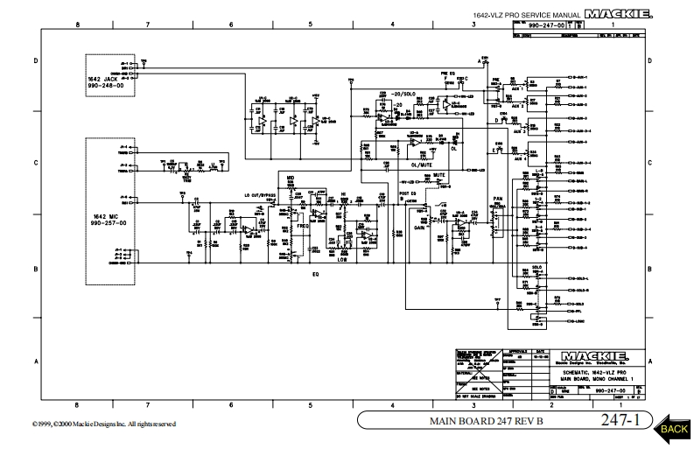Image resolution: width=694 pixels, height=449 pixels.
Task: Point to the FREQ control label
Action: [303, 226]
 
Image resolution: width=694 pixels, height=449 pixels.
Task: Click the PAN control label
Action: [498, 199]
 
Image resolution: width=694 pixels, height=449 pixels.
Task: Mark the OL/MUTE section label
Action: [421, 163]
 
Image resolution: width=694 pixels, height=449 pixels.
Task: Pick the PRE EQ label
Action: [448, 73]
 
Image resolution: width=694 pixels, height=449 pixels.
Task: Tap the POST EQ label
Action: [407, 193]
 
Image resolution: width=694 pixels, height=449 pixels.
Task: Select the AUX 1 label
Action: [519, 88]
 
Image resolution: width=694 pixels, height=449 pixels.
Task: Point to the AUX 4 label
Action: [519, 159]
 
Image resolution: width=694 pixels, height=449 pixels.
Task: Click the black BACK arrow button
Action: [672, 428]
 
